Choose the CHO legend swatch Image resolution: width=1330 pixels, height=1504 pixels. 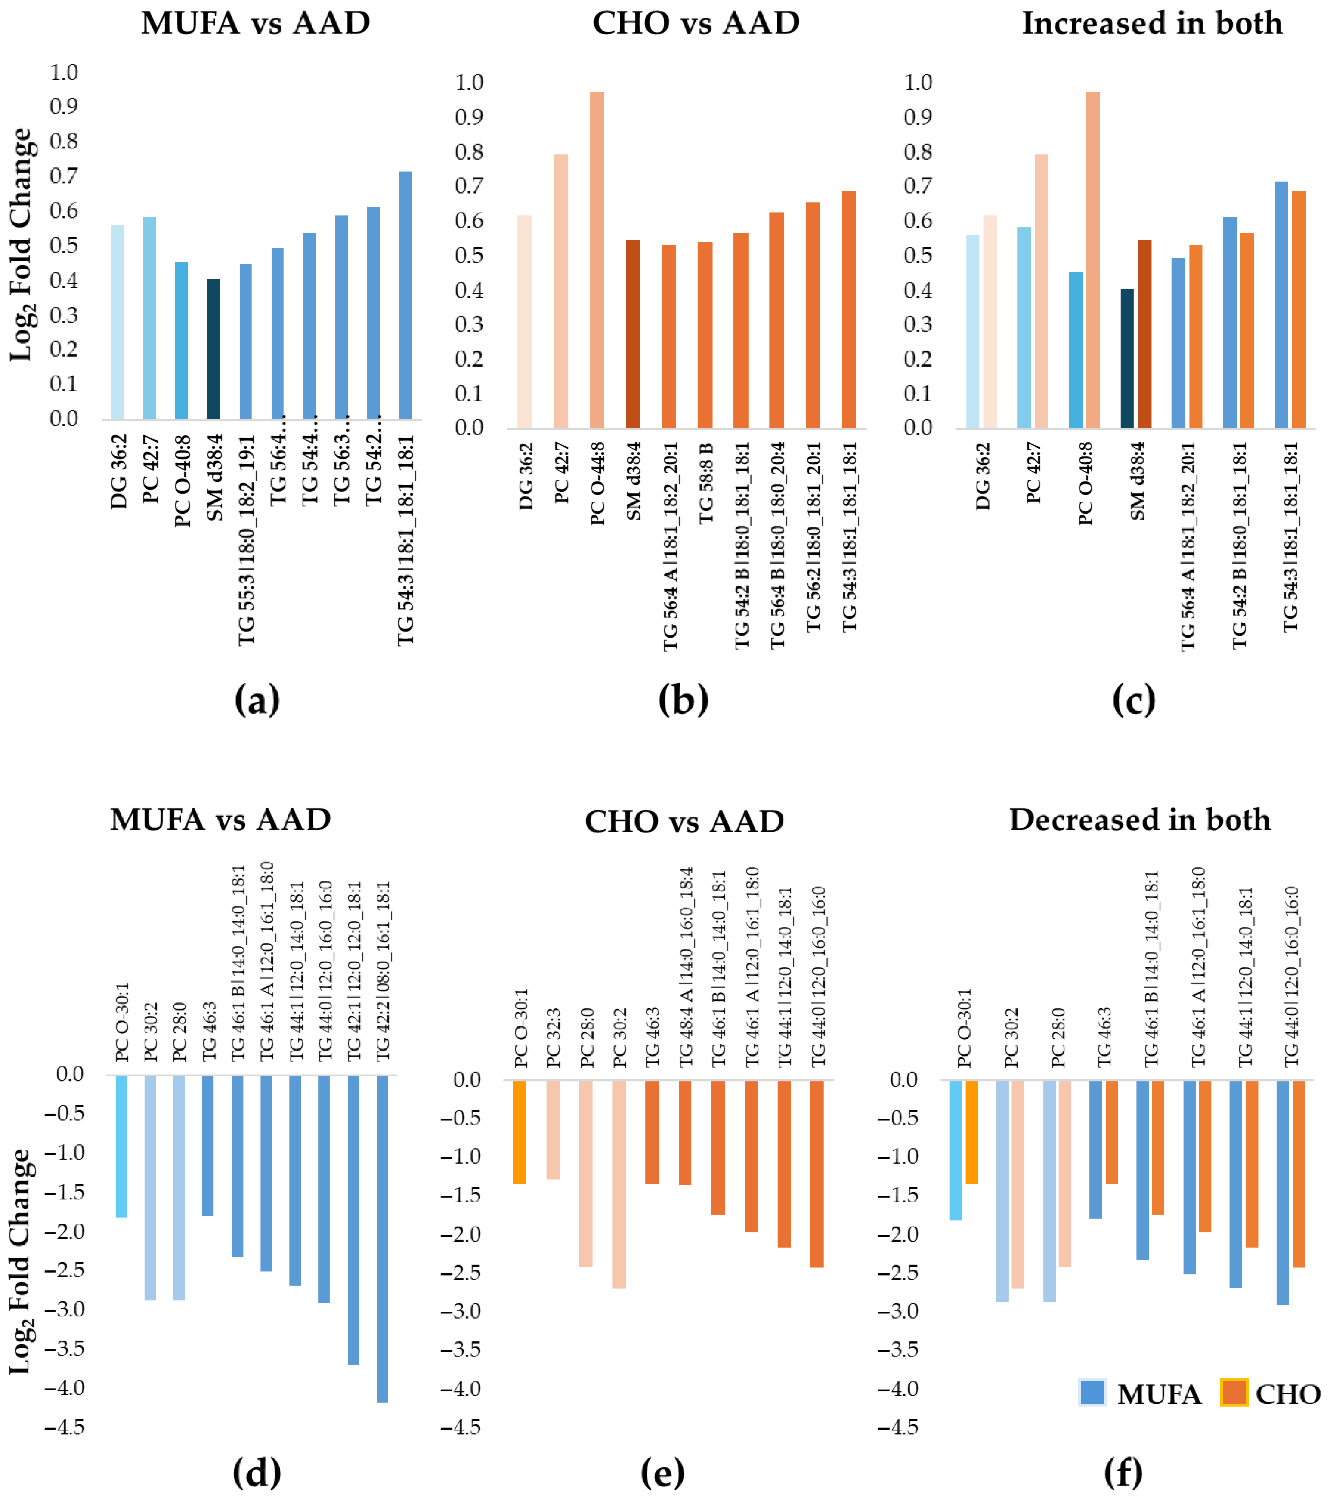[1234, 1393]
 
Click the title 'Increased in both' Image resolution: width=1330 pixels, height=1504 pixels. [1152, 24]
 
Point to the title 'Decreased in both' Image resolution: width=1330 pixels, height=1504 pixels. [1139, 820]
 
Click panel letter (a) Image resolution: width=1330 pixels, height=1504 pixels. [257, 699]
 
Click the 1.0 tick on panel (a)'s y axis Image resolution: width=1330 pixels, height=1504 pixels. [64, 72]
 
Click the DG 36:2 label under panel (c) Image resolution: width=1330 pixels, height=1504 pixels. [983, 476]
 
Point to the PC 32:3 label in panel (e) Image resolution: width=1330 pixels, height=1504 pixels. [554, 1038]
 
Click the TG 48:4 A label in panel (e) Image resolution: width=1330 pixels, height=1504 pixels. [685, 968]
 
